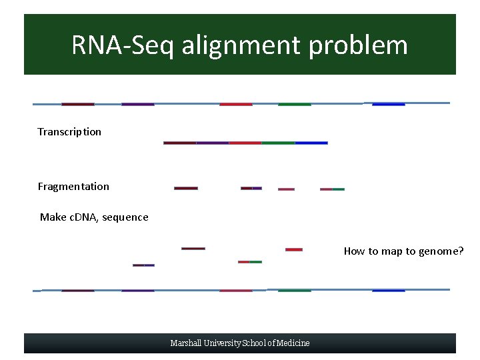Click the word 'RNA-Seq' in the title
pos(122,45)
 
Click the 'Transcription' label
pos(69,131)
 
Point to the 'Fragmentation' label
pos(73,186)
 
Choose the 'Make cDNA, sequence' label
pos(94,217)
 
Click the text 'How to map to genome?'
pos(403,251)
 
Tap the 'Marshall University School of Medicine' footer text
pos(240,343)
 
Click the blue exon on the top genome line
pos(388,104)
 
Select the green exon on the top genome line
pos(294,104)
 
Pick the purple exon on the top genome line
pos(138,104)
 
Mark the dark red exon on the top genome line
pos(78,104)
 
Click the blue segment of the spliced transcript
pos(311,143)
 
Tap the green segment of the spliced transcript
pos(278,143)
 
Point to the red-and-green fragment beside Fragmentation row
pos(332,189)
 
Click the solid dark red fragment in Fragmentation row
pos(186,188)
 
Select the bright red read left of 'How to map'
pos(294,249)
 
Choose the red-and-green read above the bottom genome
pos(250,261)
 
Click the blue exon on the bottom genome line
pos(388,291)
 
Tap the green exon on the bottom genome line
pos(294,291)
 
